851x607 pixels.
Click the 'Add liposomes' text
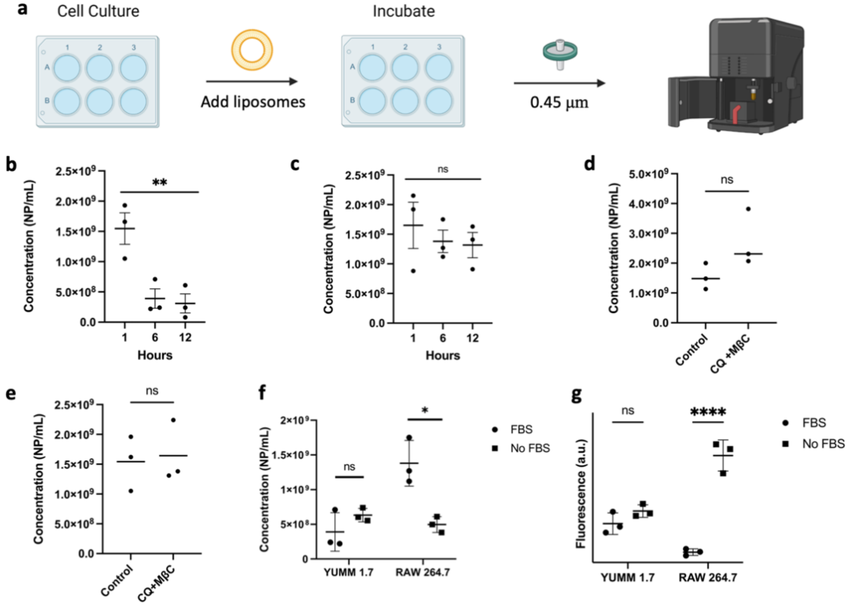click(253, 102)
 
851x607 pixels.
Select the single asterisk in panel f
click(425, 410)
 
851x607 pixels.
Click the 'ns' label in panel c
click(443, 169)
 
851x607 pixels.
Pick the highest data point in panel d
click(748, 209)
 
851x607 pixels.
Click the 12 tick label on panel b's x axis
click(185, 337)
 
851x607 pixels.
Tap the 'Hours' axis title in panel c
click(443, 355)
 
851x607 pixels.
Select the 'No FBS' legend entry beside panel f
click(530, 448)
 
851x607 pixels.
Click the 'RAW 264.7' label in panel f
click(423, 572)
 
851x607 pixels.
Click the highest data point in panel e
click(173, 420)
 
